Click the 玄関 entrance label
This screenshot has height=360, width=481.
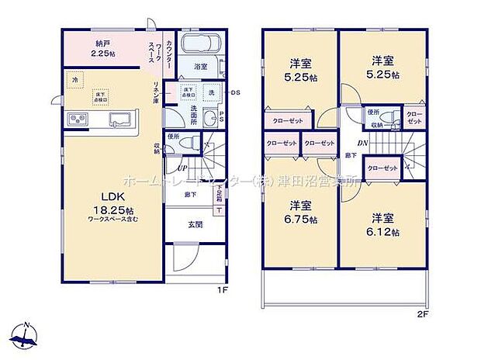click(x=196, y=225)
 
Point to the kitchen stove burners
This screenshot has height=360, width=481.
click(x=79, y=119)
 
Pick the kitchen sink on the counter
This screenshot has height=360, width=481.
click(x=120, y=119)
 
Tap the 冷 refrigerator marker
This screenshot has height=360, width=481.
click(x=75, y=79)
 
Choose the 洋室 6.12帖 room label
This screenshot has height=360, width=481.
click(x=384, y=223)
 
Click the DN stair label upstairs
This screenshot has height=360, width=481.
click(x=362, y=142)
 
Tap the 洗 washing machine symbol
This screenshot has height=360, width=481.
click(x=210, y=92)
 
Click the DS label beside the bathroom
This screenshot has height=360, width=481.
click(x=236, y=92)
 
